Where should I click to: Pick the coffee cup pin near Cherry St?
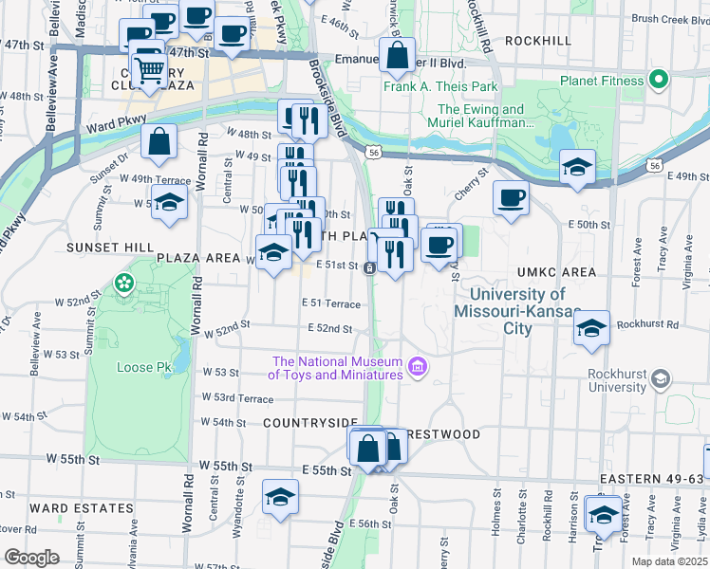[511, 197]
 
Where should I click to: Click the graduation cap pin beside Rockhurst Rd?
[591, 328]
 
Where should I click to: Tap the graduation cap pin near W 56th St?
[280, 497]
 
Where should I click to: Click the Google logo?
[31, 557]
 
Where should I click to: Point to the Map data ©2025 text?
[668, 561]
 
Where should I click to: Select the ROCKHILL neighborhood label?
[538, 41]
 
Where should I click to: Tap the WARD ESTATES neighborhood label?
[81, 508]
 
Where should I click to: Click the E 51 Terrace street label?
[331, 303]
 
